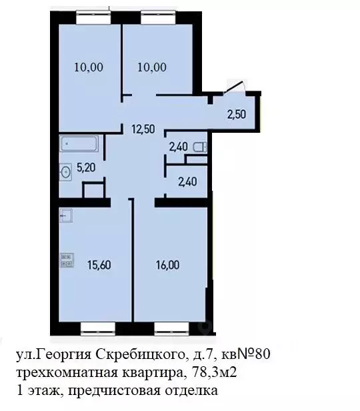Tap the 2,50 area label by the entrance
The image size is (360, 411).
pyautogui.click(x=236, y=113)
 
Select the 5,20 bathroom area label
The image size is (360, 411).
pyautogui.click(x=85, y=169)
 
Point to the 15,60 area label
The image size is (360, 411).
pyautogui.click(x=99, y=264)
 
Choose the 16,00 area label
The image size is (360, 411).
pyautogui.click(x=167, y=264)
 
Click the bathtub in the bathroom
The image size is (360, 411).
pyautogui.click(x=79, y=144)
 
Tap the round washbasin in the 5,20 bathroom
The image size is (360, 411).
pyautogui.click(x=66, y=172)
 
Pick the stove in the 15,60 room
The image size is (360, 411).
pyautogui.click(x=66, y=259)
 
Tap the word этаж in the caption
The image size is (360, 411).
pyautogui.click(x=38, y=390)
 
